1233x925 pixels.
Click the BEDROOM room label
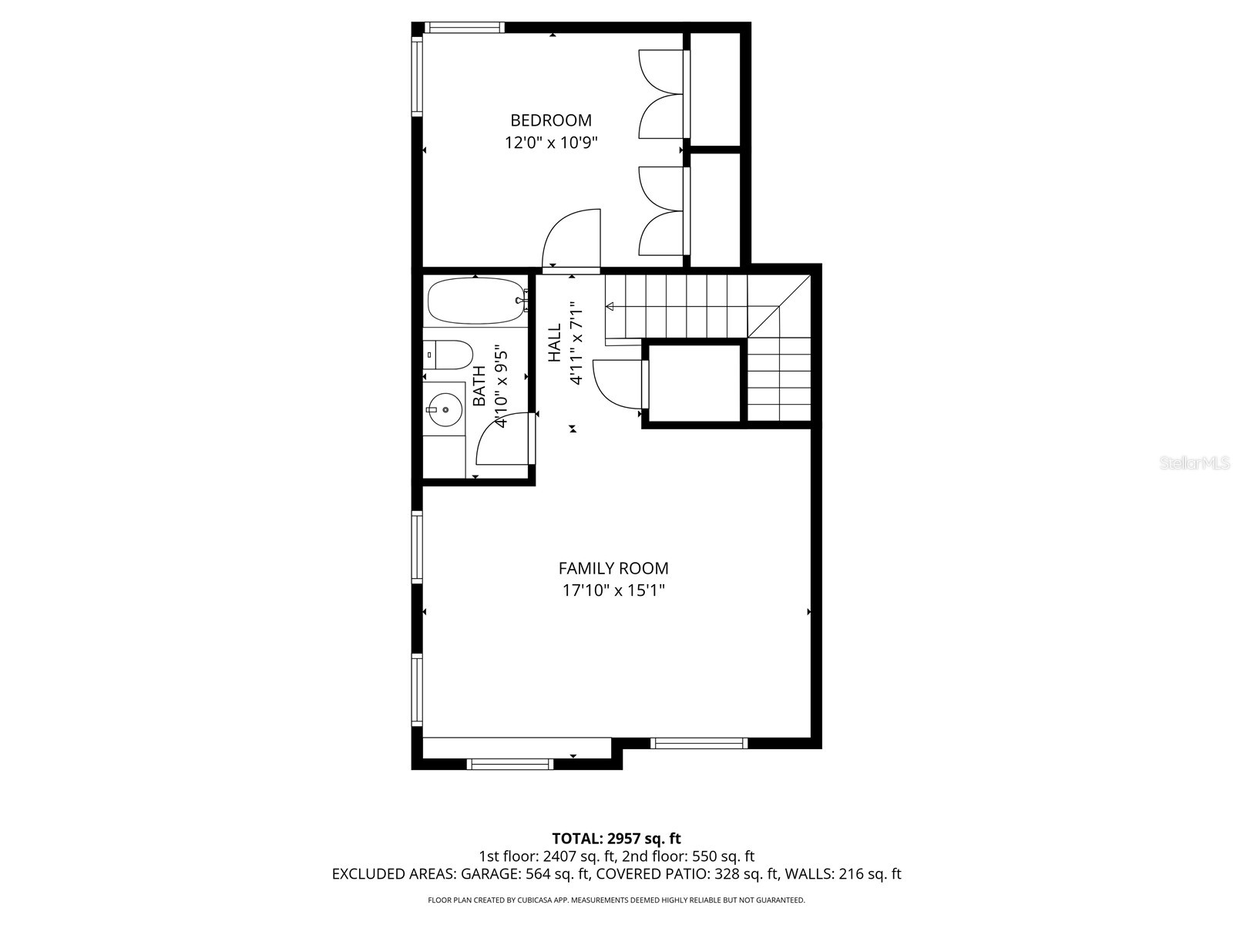tap(551, 120)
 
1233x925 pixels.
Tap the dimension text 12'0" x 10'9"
tap(551, 143)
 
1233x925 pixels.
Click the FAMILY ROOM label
tap(613, 568)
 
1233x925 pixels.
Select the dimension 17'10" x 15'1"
tap(613, 591)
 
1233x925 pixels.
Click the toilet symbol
tap(449, 355)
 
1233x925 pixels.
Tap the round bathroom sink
tap(444, 410)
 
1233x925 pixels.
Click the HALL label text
tap(555, 343)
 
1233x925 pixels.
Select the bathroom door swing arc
tap(501, 441)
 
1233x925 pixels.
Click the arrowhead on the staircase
tap(610, 307)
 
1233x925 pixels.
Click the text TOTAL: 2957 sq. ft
tap(616, 839)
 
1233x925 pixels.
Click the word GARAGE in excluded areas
tap(491, 874)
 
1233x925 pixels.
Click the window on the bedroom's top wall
tap(465, 28)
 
